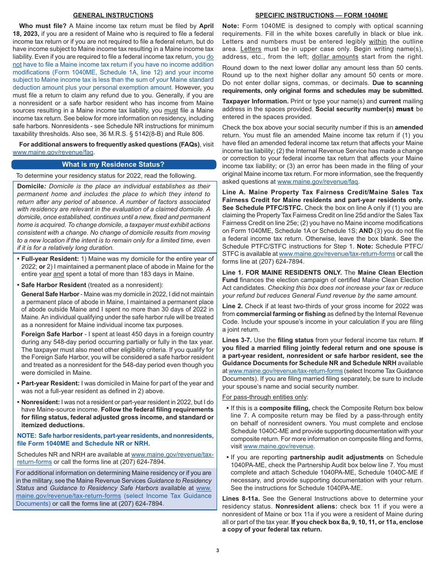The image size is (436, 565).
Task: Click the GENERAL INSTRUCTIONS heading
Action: click(113, 15)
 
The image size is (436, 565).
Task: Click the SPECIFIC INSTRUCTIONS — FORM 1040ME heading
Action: click(321, 15)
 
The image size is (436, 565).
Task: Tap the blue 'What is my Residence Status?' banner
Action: click(113, 164)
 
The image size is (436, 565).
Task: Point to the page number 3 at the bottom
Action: click(218, 550)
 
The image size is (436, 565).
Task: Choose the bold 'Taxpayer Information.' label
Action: click(255, 101)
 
